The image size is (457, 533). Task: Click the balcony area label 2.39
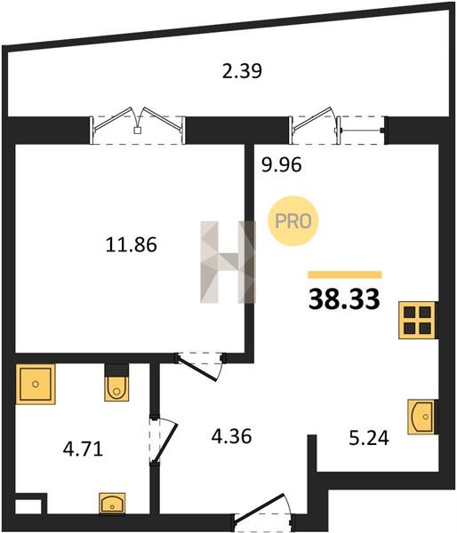pos(242,71)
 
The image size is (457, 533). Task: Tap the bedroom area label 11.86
pos(131,244)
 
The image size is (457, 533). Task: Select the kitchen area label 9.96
pos(282,165)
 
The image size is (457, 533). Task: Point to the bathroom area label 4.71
pos(83,449)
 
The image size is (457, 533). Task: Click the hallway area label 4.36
pos(231,436)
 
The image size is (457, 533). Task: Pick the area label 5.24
pos(369,438)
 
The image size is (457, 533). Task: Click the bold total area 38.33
pos(344,298)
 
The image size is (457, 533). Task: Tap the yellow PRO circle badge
pos(293,221)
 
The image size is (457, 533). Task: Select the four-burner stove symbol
pos(418,320)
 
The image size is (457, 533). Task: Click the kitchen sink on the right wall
pos(421,417)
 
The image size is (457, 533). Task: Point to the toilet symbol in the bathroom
pos(116,383)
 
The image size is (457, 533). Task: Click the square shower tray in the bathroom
pos(36,384)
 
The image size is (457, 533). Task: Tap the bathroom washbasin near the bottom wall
pos(112,504)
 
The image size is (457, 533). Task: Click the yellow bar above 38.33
pos(345,274)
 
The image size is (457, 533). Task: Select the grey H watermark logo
pos(228,262)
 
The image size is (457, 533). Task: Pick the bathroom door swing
pos(164,441)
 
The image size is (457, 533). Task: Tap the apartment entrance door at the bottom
pos(262,513)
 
